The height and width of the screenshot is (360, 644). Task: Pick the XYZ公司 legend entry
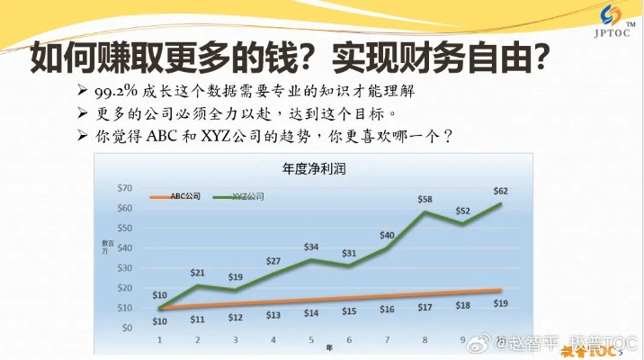tap(248, 194)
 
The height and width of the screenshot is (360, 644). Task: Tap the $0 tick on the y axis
tap(128, 328)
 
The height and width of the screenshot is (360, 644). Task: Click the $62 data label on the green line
tap(501, 190)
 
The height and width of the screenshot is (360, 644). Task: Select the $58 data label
tap(425, 198)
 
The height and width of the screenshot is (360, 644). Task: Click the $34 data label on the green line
tap(311, 247)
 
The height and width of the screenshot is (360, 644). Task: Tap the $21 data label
tap(198, 272)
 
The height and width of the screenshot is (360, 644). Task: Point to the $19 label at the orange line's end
tap(501, 303)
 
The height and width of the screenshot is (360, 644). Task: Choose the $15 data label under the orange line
tap(349, 310)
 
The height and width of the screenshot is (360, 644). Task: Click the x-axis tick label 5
tap(311, 339)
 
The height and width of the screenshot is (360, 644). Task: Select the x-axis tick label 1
tap(160, 339)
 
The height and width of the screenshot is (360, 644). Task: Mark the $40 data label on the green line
tap(387, 235)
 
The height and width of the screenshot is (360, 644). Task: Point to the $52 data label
tap(462, 211)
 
